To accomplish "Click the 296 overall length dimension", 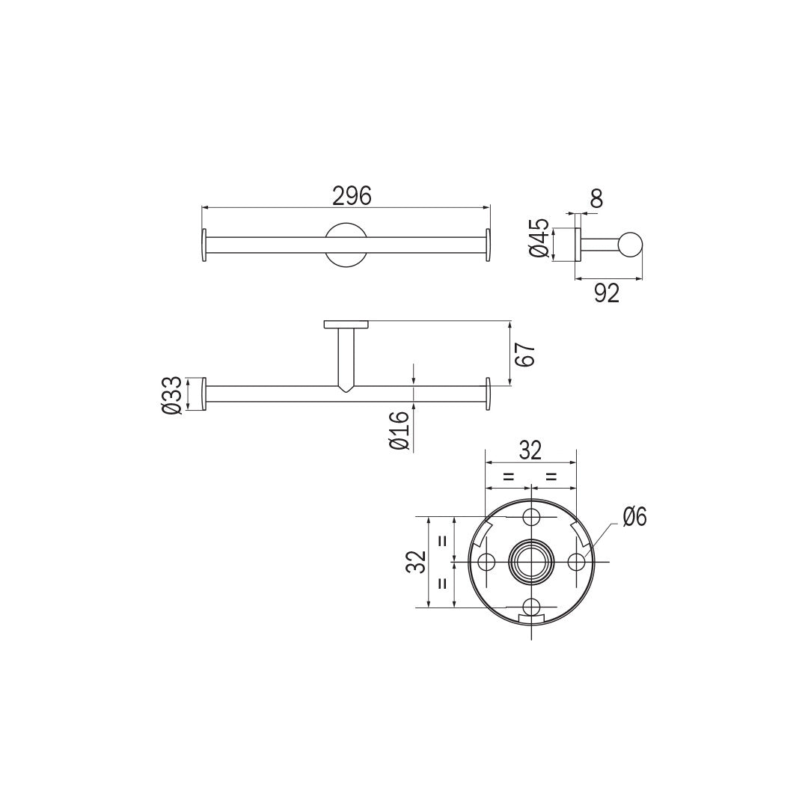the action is pos(352,196).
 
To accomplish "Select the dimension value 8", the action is pos(596,198).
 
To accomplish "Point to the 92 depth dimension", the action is pos(607,294).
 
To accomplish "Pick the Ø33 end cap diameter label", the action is pos(171,395).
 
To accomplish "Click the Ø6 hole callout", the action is pos(634,516).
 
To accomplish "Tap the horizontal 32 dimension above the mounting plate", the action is pos(530,450).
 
